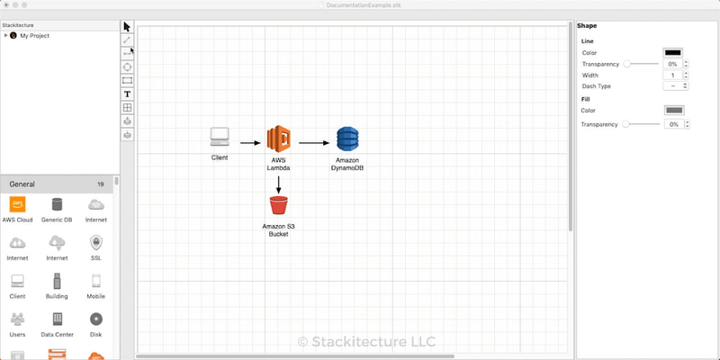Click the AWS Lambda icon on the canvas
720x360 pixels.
tap(278, 139)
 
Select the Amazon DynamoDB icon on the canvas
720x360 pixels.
tap(347, 139)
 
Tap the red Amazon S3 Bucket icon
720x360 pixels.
tap(278, 207)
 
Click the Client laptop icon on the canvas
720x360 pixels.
tap(220, 137)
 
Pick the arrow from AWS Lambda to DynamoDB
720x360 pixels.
tap(314, 142)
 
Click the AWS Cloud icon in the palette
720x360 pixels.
tap(17, 205)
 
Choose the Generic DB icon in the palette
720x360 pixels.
tap(58, 205)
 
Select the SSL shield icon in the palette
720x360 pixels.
tap(96, 243)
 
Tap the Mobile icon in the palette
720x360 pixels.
tap(96, 281)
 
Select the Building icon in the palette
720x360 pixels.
tap(58, 281)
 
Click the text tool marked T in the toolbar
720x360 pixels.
tap(128, 94)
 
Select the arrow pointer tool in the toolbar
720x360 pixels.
tap(128, 27)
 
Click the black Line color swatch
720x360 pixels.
tap(673, 53)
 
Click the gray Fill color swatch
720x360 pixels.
tap(673, 110)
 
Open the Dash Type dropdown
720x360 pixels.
tap(672, 86)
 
